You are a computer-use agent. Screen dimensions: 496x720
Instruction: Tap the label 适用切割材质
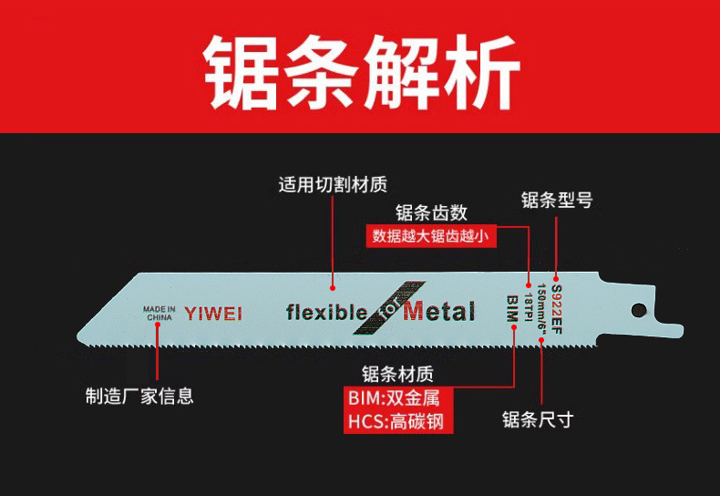click(333, 185)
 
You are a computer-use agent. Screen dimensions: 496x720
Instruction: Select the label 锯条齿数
click(432, 212)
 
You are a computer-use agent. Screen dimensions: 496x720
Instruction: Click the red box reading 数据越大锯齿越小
click(431, 236)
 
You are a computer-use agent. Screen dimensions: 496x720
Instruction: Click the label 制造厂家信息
click(139, 396)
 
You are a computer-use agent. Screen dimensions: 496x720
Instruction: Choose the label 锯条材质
click(397, 374)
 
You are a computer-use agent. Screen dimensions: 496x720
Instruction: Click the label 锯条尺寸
click(538, 419)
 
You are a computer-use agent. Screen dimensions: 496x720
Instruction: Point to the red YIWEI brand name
click(213, 314)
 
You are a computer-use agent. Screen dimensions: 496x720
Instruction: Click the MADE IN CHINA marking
click(159, 314)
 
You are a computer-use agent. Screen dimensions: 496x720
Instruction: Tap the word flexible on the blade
click(325, 313)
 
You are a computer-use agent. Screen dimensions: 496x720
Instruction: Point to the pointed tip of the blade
click(82, 336)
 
